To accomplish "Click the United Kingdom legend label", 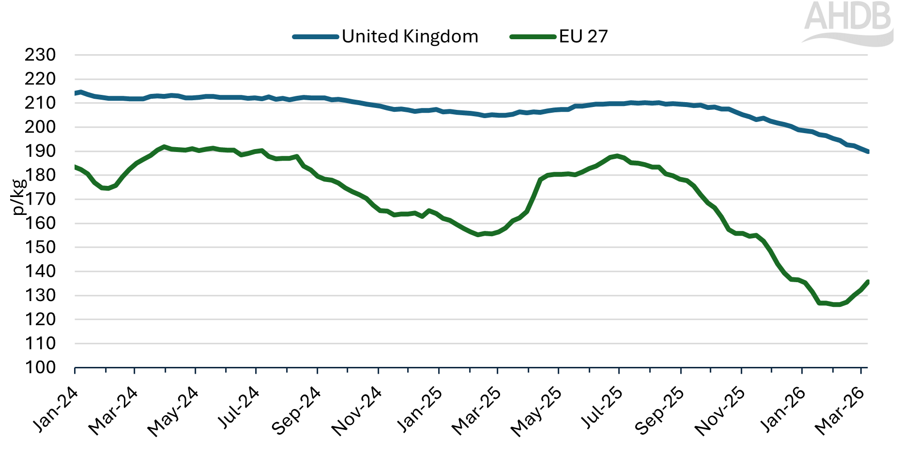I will (x=410, y=36).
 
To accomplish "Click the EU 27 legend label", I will (x=583, y=36).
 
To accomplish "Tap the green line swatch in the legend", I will (x=533, y=37).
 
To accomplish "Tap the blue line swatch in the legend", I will (x=316, y=37).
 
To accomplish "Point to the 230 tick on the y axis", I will (x=40, y=55).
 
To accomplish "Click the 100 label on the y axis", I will (x=40, y=367).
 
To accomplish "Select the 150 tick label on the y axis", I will (x=40, y=247).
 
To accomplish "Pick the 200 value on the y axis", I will (x=40, y=127).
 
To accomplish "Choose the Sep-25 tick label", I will (x=660, y=410).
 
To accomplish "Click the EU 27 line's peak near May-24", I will (x=165, y=147).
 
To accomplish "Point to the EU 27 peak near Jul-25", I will (x=616, y=156).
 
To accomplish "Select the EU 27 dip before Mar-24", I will (x=107, y=188).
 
